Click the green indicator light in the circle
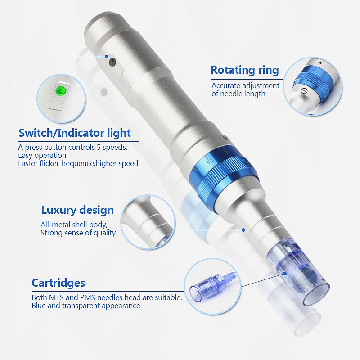click(61, 91)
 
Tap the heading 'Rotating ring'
click(245, 70)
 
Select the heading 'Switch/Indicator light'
click(75, 133)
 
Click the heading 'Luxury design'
click(77, 210)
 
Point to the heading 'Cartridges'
click(58, 283)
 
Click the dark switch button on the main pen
click(112, 62)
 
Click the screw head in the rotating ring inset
click(303, 91)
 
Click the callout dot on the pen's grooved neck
click(243, 230)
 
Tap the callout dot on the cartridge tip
click(285, 274)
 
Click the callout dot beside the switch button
click(107, 57)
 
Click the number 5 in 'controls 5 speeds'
click(99, 147)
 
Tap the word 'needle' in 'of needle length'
click(231, 94)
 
